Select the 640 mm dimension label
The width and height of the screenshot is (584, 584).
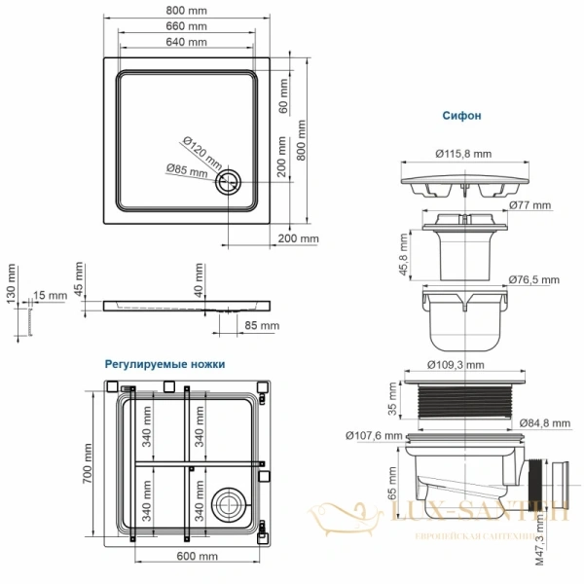pyautogui.click(x=185, y=43)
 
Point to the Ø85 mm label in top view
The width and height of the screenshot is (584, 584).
pyautogui.click(x=186, y=170)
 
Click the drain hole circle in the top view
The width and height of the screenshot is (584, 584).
pyautogui.click(x=231, y=180)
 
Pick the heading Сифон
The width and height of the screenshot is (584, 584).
pyautogui.click(x=460, y=115)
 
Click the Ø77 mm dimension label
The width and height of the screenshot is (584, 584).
pyautogui.click(x=529, y=205)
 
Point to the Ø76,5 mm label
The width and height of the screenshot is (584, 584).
pyautogui.click(x=533, y=280)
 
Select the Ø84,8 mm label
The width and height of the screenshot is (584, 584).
pyautogui.click(x=533, y=422)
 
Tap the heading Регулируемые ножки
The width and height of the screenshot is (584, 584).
pyautogui.click(x=164, y=363)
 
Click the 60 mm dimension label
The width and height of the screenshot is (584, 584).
pyautogui.click(x=283, y=97)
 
